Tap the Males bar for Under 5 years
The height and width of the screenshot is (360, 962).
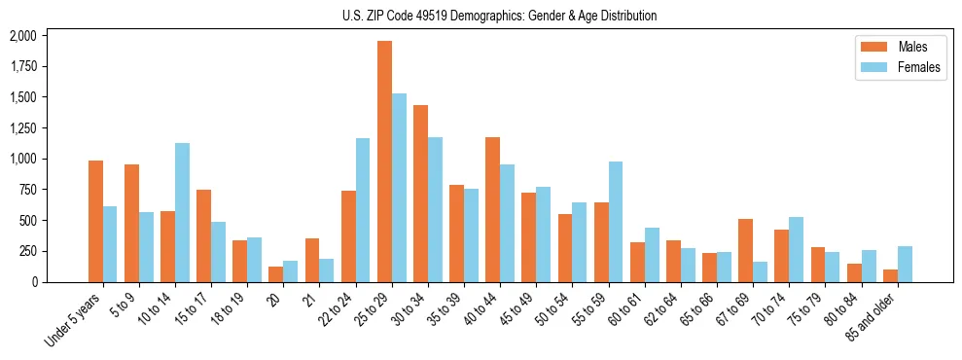point(95,221)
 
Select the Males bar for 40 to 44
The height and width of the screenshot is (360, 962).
point(492,209)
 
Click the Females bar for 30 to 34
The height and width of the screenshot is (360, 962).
point(435,209)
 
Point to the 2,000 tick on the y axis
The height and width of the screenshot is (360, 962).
point(22,36)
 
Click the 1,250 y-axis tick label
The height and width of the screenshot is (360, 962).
point(22,128)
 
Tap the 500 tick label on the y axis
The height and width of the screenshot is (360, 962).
point(28,221)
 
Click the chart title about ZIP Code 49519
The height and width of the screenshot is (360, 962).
point(499,16)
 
